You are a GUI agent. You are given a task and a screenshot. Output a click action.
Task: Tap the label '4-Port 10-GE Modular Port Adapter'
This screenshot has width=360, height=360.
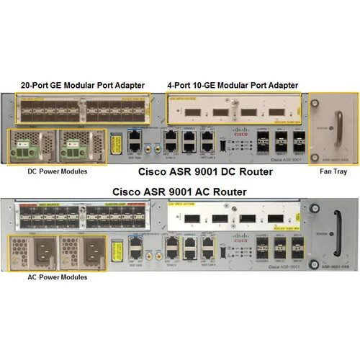pyautogui.click(x=231, y=84)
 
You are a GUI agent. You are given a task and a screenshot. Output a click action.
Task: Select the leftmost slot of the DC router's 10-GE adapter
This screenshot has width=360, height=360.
pyautogui.click(x=186, y=113)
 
